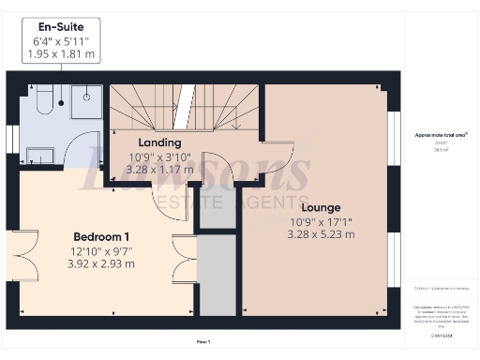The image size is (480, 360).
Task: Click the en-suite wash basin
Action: point(40,154)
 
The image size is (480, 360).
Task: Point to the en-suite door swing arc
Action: point(86,150)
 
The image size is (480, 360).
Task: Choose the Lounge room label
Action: point(321,206)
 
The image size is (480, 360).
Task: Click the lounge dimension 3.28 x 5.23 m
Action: point(321,234)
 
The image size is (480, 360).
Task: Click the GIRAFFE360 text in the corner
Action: point(442,335)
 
